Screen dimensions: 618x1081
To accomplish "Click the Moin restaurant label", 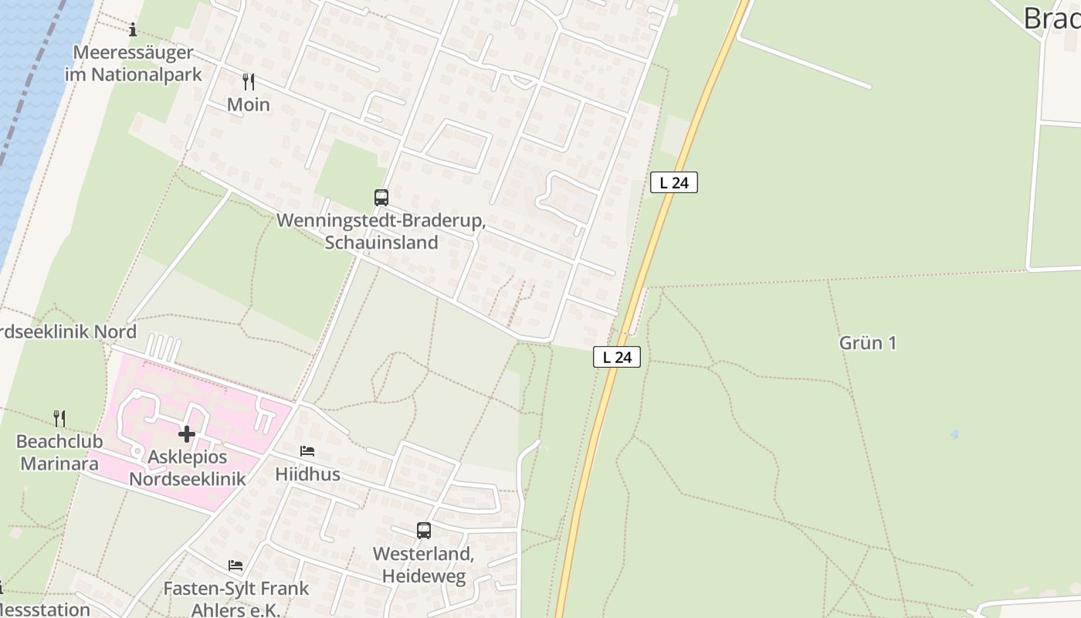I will click(x=249, y=104).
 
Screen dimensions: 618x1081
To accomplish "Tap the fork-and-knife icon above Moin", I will click(x=249, y=82).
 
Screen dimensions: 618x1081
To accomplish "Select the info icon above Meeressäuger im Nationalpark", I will click(x=133, y=30).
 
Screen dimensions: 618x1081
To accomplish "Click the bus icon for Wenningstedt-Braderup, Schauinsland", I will click(x=381, y=198).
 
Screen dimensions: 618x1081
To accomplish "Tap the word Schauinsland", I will click(x=381, y=243).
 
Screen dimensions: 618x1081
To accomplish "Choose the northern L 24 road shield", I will click(x=674, y=182).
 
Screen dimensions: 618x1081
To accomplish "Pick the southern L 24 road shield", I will click(x=617, y=357).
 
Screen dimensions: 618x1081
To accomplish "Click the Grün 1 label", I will click(x=868, y=343).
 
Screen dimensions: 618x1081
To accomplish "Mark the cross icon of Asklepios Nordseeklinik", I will click(x=187, y=434).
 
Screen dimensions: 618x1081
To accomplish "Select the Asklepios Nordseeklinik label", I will click(x=188, y=468).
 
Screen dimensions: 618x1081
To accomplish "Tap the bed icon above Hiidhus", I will click(x=307, y=451).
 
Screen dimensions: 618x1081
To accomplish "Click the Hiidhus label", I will click(x=307, y=474).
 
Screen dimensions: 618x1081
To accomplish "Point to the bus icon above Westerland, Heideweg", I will click(x=424, y=531).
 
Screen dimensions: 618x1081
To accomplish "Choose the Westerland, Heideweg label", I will click(x=424, y=565).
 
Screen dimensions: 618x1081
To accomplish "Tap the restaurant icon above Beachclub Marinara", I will click(x=59, y=419).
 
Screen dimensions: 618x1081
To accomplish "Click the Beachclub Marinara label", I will click(x=59, y=453).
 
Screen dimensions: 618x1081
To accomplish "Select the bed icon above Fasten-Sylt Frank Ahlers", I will click(x=236, y=566).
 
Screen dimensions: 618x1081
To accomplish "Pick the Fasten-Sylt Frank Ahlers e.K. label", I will click(x=236, y=599).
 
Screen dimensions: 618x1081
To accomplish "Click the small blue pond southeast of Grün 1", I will click(x=955, y=435).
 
